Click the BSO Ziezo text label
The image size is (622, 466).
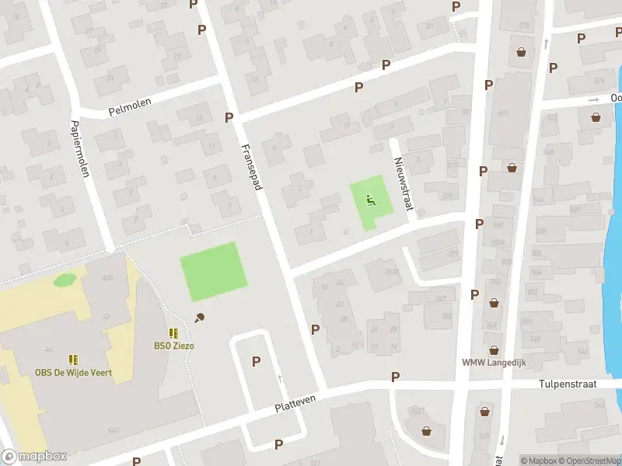[173, 346]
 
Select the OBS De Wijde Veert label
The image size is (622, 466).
[73, 373]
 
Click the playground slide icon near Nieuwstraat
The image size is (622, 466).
[370, 199]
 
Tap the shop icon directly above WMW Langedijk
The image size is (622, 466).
[493, 349]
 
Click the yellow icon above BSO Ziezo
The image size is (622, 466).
[173, 333]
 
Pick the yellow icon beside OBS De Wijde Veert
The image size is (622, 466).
[73, 360]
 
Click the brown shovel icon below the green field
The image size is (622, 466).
[200, 316]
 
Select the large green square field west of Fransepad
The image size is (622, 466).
[212, 271]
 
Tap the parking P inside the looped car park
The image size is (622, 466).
[256, 361]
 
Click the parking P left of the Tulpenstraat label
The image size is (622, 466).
[395, 377]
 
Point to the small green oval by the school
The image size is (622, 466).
[65, 279]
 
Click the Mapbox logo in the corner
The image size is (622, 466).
[33, 457]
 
